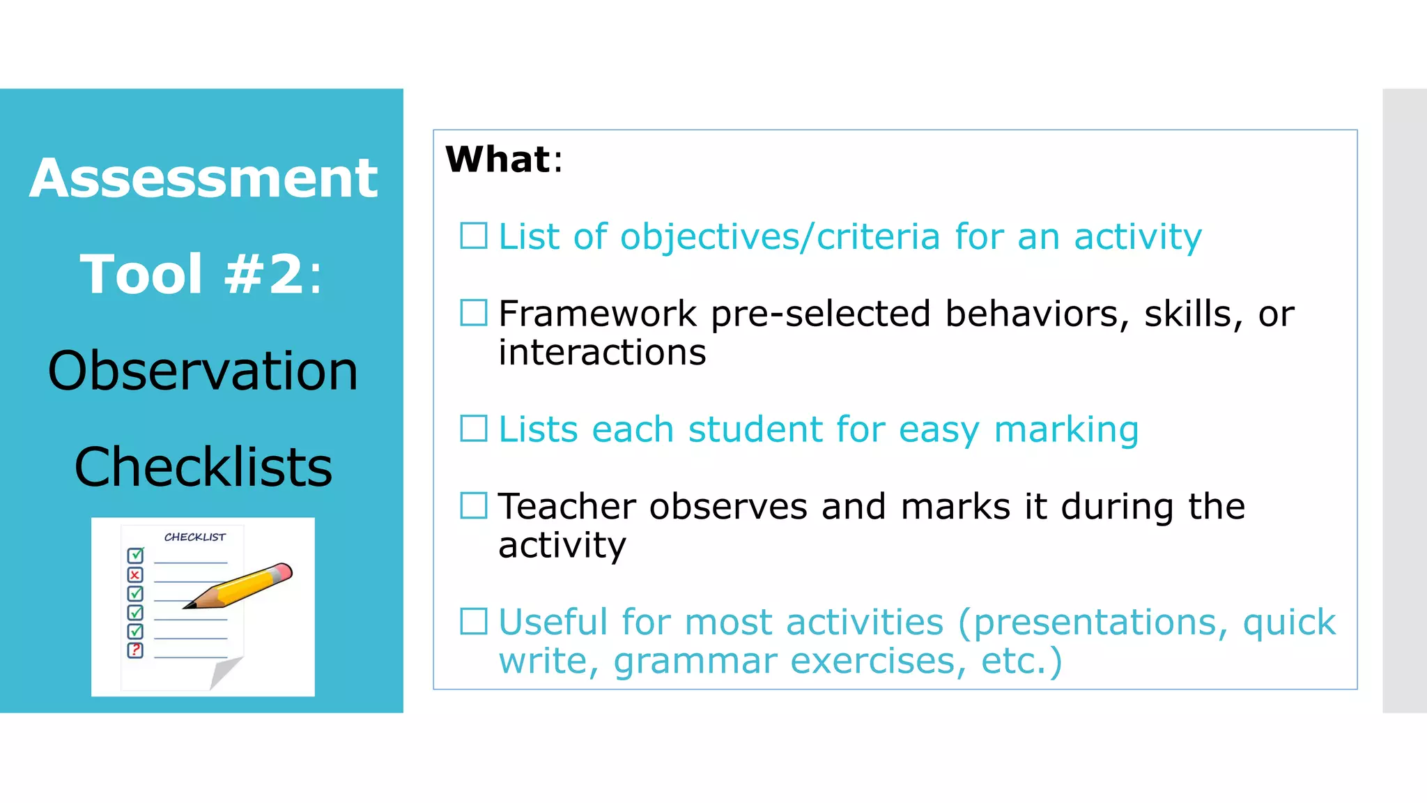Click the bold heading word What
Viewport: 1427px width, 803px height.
(498, 160)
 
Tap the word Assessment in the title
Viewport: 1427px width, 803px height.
(203, 178)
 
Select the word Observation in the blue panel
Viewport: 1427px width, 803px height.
(203, 371)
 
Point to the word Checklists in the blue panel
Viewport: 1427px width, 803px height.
(203, 467)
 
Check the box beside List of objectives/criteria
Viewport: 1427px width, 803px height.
(474, 236)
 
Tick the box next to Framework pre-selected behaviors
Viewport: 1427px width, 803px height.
(474, 313)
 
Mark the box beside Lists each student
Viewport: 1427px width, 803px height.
(474, 429)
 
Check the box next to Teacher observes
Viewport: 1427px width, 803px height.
(474, 505)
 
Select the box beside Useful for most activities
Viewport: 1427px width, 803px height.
(474, 621)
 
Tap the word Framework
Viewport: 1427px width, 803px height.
(597, 314)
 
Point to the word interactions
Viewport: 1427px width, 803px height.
(602, 353)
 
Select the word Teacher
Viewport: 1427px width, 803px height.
(566, 506)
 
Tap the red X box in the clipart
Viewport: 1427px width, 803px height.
(135, 575)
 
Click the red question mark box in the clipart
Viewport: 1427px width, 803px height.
(135, 650)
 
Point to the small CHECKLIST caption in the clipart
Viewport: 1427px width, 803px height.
(194, 537)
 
